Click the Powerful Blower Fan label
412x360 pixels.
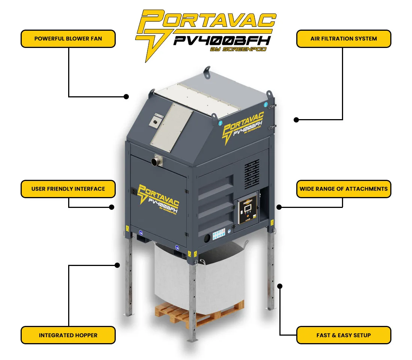(68, 39)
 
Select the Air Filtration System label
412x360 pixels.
(343, 39)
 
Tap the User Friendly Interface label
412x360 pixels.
(68, 189)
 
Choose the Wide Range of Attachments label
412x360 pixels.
(343, 189)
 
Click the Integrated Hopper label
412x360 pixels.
(68, 335)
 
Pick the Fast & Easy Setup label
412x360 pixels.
(343, 335)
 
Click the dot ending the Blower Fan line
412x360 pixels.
(126, 96)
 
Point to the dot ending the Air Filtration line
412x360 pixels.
(296, 120)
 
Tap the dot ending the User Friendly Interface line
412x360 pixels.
(111, 207)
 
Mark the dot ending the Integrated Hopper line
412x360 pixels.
(117, 265)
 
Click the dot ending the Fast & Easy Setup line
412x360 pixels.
(280, 286)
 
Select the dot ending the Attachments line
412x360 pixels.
(279, 207)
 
